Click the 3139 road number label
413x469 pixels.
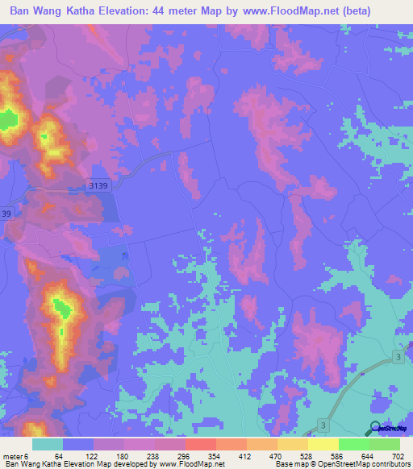coord(98,185)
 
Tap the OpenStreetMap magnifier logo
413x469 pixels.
coord(376,428)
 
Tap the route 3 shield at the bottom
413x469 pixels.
coord(322,423)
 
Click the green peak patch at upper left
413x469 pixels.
coord(8,121)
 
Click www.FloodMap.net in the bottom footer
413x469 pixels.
coord(191,464)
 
